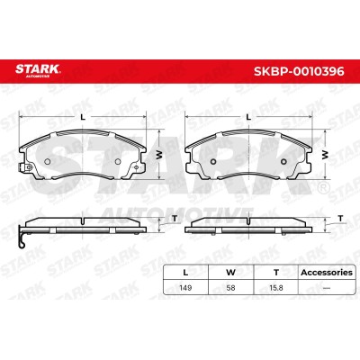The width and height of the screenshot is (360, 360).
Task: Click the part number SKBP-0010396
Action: (x=299, y=71)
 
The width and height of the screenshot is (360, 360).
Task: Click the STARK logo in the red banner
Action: (x=38, y=70)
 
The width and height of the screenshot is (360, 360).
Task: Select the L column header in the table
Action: (x=185, y=273)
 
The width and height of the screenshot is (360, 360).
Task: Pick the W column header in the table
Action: (x=230, y=273)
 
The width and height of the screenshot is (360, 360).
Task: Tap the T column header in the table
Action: (x=276, y=273)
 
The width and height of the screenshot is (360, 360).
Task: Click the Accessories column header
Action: (x=327, y=273)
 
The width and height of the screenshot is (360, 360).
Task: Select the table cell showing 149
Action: (x=185, y=288)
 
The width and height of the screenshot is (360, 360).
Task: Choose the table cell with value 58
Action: (x=230, y=288)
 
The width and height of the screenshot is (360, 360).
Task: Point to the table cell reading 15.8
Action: (x=276, y=288)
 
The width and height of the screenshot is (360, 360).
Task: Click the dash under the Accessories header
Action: (x=327, y=288)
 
